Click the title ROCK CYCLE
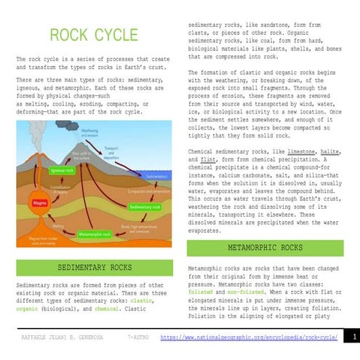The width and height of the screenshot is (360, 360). click(93, 36)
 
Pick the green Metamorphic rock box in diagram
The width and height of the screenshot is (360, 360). click(95, 235)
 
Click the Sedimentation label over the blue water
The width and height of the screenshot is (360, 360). click(156, 177)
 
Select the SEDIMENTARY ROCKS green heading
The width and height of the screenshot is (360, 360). click(93, 268)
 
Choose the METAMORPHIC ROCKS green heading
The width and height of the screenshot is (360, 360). click(265, 248)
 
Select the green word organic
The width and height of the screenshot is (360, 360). click(28, 308)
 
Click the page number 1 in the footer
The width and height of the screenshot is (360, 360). click(353, 338)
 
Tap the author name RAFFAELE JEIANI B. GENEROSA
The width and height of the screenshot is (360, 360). click(62, 338)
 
